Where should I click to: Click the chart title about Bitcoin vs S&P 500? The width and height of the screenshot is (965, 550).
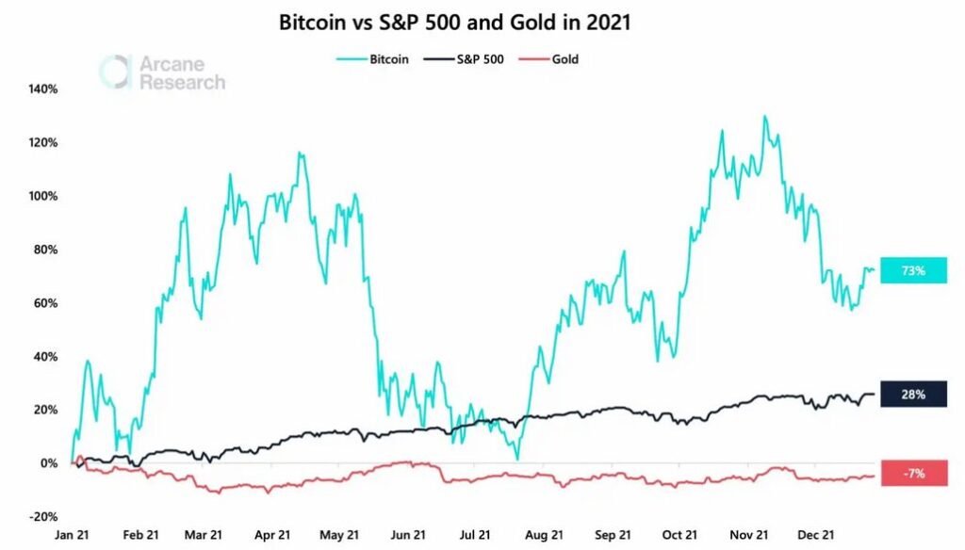(454, 24)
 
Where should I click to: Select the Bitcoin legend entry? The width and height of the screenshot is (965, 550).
(372, 58)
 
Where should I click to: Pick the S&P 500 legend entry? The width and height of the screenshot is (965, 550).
(469, 58)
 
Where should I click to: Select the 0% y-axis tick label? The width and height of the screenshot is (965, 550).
(49, 463)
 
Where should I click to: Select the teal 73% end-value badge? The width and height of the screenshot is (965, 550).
(912, 271)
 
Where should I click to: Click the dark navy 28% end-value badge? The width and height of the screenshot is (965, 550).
(912, 394)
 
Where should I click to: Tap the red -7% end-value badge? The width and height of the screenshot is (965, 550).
(912, 473)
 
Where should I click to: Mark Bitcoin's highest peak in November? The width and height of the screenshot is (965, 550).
(764, 117)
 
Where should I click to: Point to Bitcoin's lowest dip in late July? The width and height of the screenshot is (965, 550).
(517, 459)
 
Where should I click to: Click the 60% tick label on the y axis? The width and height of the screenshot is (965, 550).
(46, 303)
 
